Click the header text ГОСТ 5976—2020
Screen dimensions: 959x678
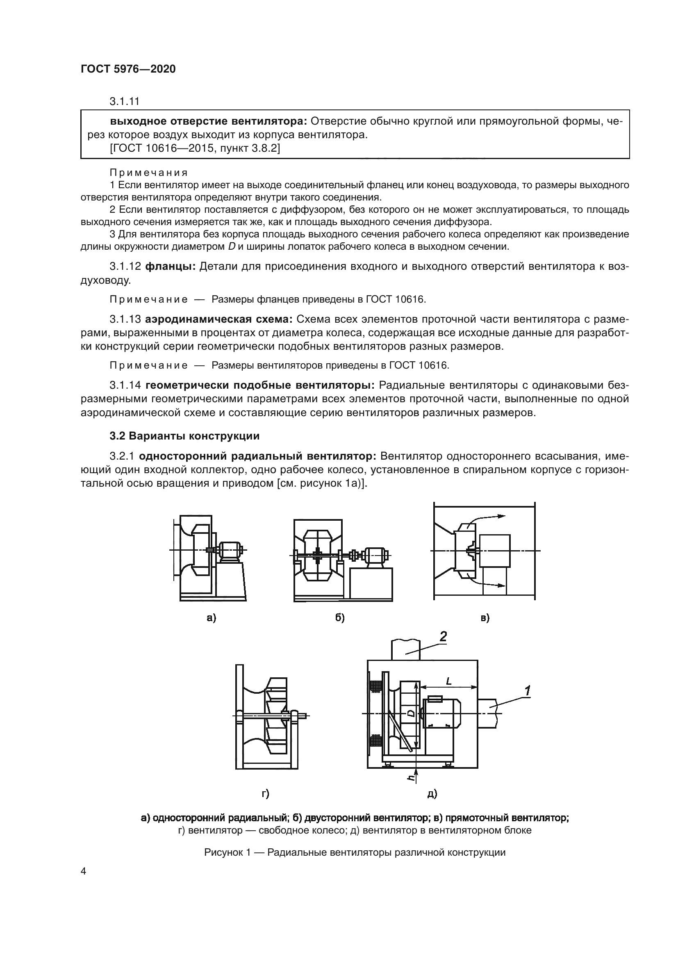[x=128, y=69]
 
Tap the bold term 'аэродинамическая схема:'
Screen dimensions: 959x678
[x=219, y=319]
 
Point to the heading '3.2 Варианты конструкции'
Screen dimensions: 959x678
[x=184, y=436]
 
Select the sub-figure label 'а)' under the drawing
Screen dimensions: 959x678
[x=211, y=618]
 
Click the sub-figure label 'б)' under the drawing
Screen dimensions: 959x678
[x=339, y=618]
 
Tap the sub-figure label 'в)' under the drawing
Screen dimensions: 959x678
[x=485, y=618]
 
